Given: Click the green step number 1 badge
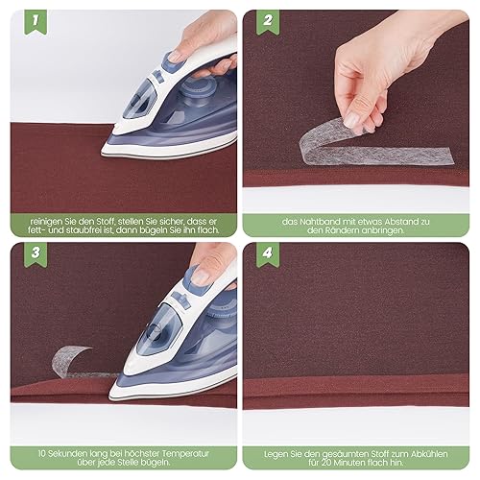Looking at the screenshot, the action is [36, 21].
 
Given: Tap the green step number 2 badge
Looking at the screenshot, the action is [268, 21].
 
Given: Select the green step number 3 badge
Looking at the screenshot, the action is [36, 253].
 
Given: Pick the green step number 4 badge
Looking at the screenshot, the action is [268, 253].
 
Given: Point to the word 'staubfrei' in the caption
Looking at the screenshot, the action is [82, 230].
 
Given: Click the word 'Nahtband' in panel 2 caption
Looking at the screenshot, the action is [321, 222].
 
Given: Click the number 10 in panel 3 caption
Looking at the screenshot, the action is [42, 454].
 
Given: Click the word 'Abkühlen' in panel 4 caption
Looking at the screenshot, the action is [432, 454].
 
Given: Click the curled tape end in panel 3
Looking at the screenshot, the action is [69, 358].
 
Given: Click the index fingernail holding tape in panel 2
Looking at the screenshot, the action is [353, 120].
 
